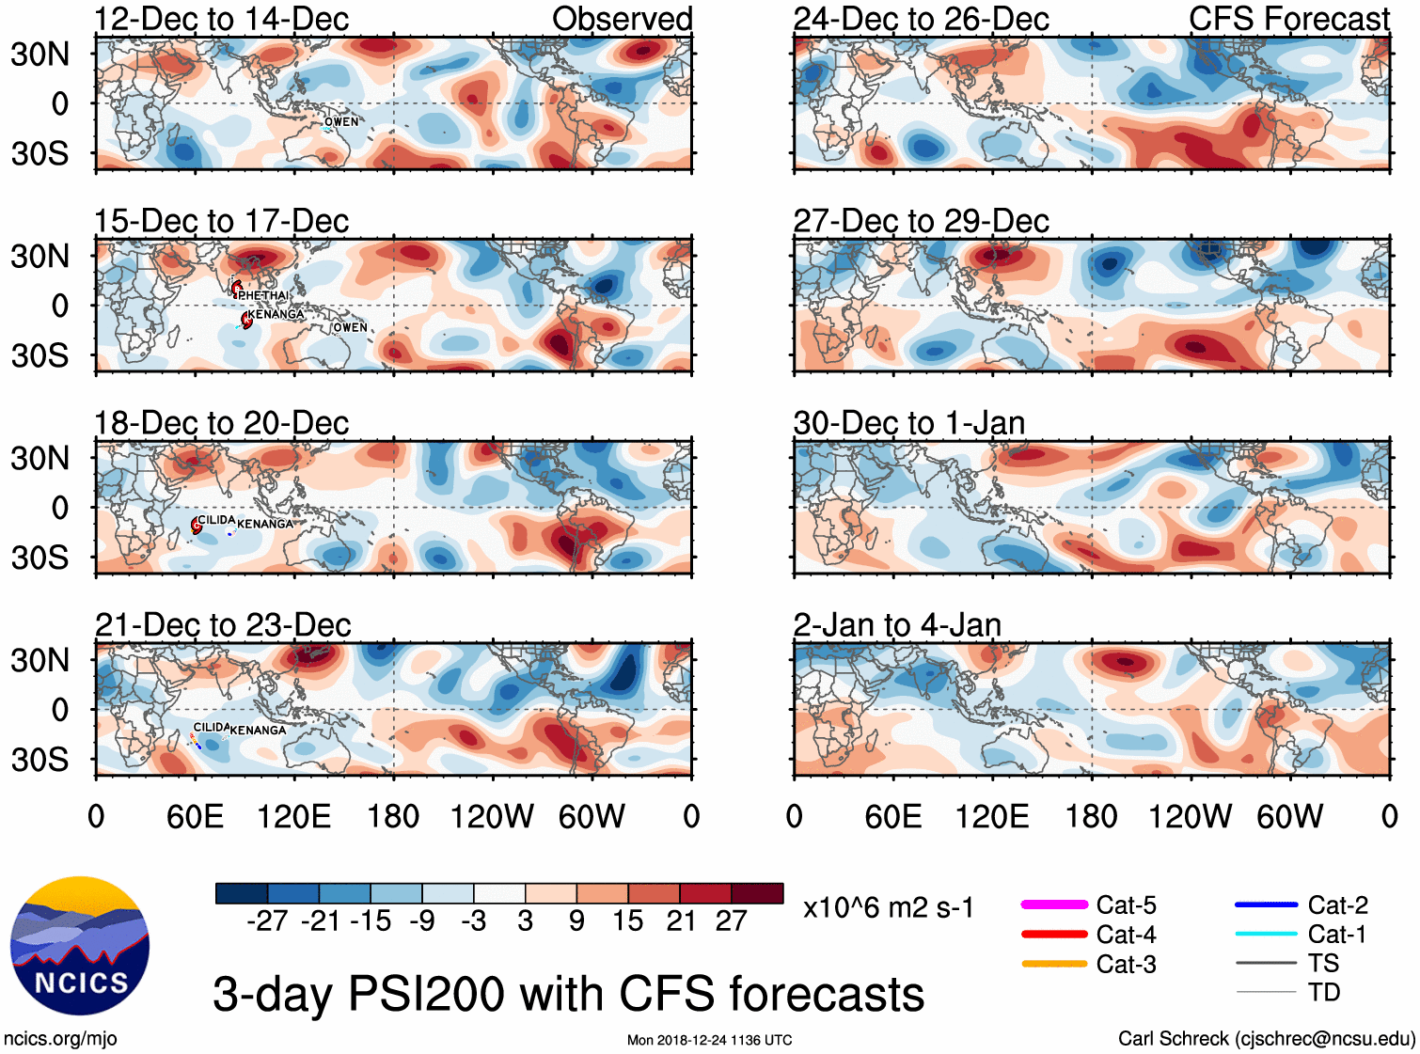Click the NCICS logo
pos(80,946)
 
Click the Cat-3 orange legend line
pos(1054,964)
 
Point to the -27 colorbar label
pos(267,921)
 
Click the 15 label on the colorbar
pos(627,921)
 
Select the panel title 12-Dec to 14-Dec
pos(222,19)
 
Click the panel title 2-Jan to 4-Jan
pos(897,625)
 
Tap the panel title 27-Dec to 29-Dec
pos(921,221)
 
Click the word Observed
pos(622,19)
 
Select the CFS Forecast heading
pos(1288,19)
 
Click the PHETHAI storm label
pos(262,295)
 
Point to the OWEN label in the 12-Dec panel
pos(341,122)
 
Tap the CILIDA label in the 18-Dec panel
pos(216,520)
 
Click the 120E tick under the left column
pos(293,816)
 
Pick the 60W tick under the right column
pos(1289,816)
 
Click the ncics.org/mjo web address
pos(60,1039)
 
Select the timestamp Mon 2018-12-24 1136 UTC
pos(709,1040)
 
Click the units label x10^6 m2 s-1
pos(888,908)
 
